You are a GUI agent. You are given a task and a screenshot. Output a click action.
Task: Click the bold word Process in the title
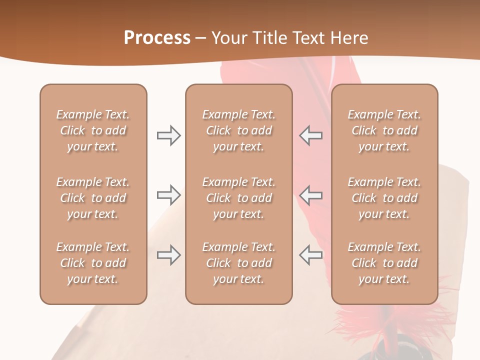tap(157, 38)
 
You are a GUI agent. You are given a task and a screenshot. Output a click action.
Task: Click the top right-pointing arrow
tap(168, 135)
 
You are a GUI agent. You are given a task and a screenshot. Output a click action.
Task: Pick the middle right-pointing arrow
tap(168, 195)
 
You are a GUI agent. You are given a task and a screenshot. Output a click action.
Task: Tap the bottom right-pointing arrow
tap(168, 255)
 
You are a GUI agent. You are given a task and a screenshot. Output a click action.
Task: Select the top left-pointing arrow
tap(310, 135)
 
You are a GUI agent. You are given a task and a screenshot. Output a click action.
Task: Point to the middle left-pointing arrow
tap(310, 195)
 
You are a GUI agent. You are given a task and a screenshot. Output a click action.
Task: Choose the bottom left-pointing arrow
tap(310, 255)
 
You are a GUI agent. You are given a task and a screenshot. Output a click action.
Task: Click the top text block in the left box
tap(93, 130)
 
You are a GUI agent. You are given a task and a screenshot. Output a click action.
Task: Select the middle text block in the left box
tap(93, 198)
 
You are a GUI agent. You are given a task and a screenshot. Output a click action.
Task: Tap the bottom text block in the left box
tap(93, 263)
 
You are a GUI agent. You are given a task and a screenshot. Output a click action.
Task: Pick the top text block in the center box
tap(238, 130)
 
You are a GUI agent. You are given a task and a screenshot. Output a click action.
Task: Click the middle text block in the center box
tap(238, 198)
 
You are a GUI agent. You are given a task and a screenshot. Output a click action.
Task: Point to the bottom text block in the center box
tap(238, 263)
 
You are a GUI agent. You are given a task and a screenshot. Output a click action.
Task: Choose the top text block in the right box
tap(384, 130)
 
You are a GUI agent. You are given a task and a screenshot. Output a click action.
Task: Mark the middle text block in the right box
tap(384, 198)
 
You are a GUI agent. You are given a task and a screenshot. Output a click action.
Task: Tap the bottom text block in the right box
tap(384, 263)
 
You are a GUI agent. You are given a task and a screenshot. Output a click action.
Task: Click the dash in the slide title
tap(201, 38)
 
